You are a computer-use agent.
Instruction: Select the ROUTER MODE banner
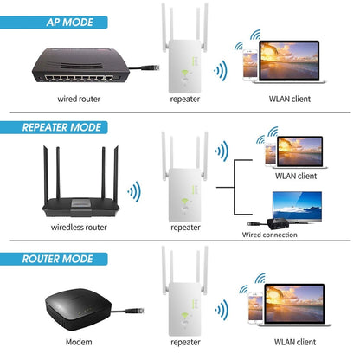coord(60,257)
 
